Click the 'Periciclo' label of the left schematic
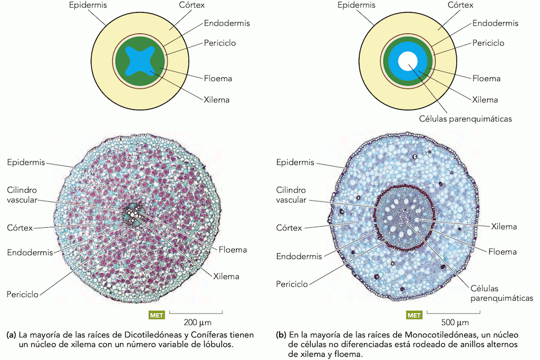[x=220, y=43]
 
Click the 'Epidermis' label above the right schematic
[x=356, y=5]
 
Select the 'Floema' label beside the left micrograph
[x=233, y=250]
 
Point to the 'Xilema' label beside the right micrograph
[x=503, y=227]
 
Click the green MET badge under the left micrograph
[x=157, y=315]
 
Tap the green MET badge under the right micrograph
[x=414, y=315]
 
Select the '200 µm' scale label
[x=197, y=323]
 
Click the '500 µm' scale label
[x=454, y=323]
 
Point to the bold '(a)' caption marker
[x=11, y=335]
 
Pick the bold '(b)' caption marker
[x=281, y=335]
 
